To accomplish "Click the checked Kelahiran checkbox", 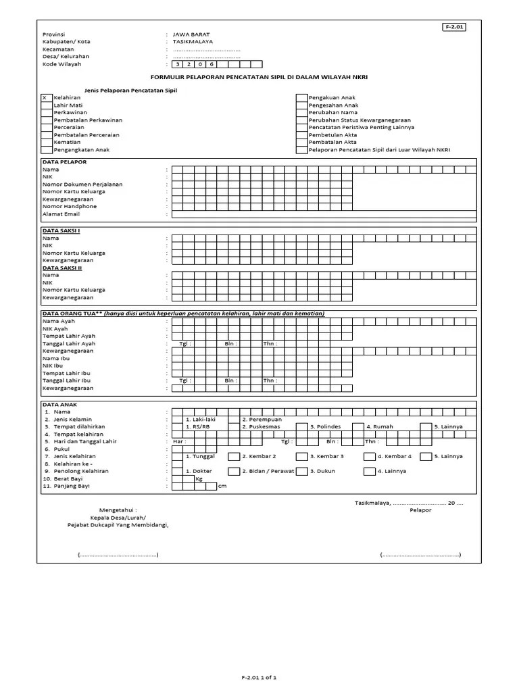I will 46,98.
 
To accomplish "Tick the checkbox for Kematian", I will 46,143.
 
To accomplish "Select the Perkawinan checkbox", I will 46,113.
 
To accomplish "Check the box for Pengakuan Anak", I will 301,98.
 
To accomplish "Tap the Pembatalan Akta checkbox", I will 301,143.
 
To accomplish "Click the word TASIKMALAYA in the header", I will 193,41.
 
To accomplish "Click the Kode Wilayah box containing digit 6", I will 211,64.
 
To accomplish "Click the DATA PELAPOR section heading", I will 64,162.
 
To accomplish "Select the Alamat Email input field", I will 324,214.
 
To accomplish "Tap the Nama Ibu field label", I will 57,358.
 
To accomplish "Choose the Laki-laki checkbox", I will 177,420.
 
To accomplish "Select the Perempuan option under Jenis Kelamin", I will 234,420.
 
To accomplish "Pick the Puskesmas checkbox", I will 234,427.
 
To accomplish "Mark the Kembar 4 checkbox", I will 369,457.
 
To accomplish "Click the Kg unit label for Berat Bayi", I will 199,479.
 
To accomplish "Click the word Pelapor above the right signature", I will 420,510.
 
